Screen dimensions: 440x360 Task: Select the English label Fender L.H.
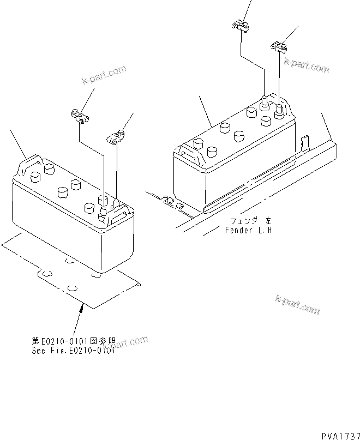tap(250, 230)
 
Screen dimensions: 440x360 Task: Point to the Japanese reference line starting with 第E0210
tap(73, 341)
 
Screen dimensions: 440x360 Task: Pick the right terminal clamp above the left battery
tap(116, 138)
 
